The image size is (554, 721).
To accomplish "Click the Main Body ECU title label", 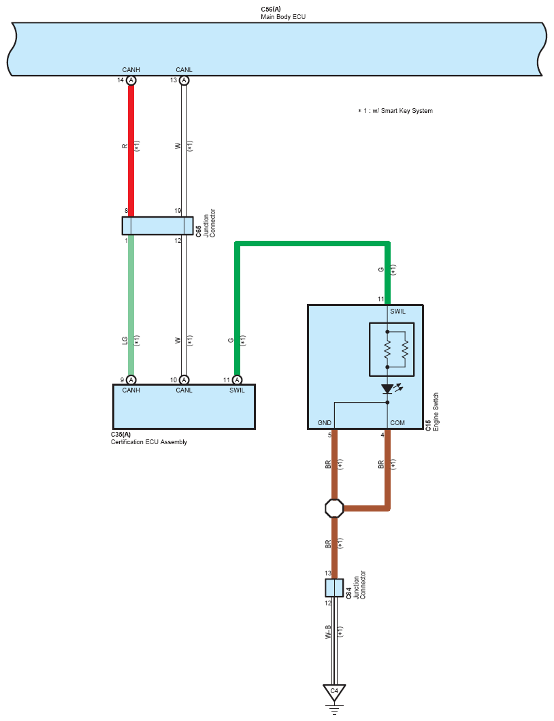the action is tap(283, 17).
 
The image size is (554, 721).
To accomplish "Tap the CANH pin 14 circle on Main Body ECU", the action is tap(131, 80).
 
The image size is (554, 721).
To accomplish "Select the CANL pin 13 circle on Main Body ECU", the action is tap(184, 80).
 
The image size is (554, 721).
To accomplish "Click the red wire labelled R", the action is tap(131, 151).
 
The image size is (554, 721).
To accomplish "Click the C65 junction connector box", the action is tap(158, 226).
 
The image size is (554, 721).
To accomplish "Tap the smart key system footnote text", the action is tap(395, 111).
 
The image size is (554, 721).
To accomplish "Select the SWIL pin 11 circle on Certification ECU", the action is tap(237, 380).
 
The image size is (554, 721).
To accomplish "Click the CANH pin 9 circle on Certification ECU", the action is tap(131, 380).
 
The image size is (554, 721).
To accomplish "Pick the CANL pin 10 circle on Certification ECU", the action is tap(184, 380).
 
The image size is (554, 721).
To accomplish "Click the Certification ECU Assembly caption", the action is tap(149, 442).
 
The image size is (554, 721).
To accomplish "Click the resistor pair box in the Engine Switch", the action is tap(391, 350).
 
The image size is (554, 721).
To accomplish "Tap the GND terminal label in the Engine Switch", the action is tap(325, 422).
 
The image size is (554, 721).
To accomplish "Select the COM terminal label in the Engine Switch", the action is tap(397, 422).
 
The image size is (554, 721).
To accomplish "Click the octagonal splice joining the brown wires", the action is tap(334, 509).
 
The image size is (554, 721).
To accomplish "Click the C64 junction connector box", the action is tap(334, 588).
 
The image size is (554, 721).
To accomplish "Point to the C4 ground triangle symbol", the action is tap(334, 692).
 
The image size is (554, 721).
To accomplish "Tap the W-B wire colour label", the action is tap(328, 632).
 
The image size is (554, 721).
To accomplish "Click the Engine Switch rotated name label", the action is tap(436, 412).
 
